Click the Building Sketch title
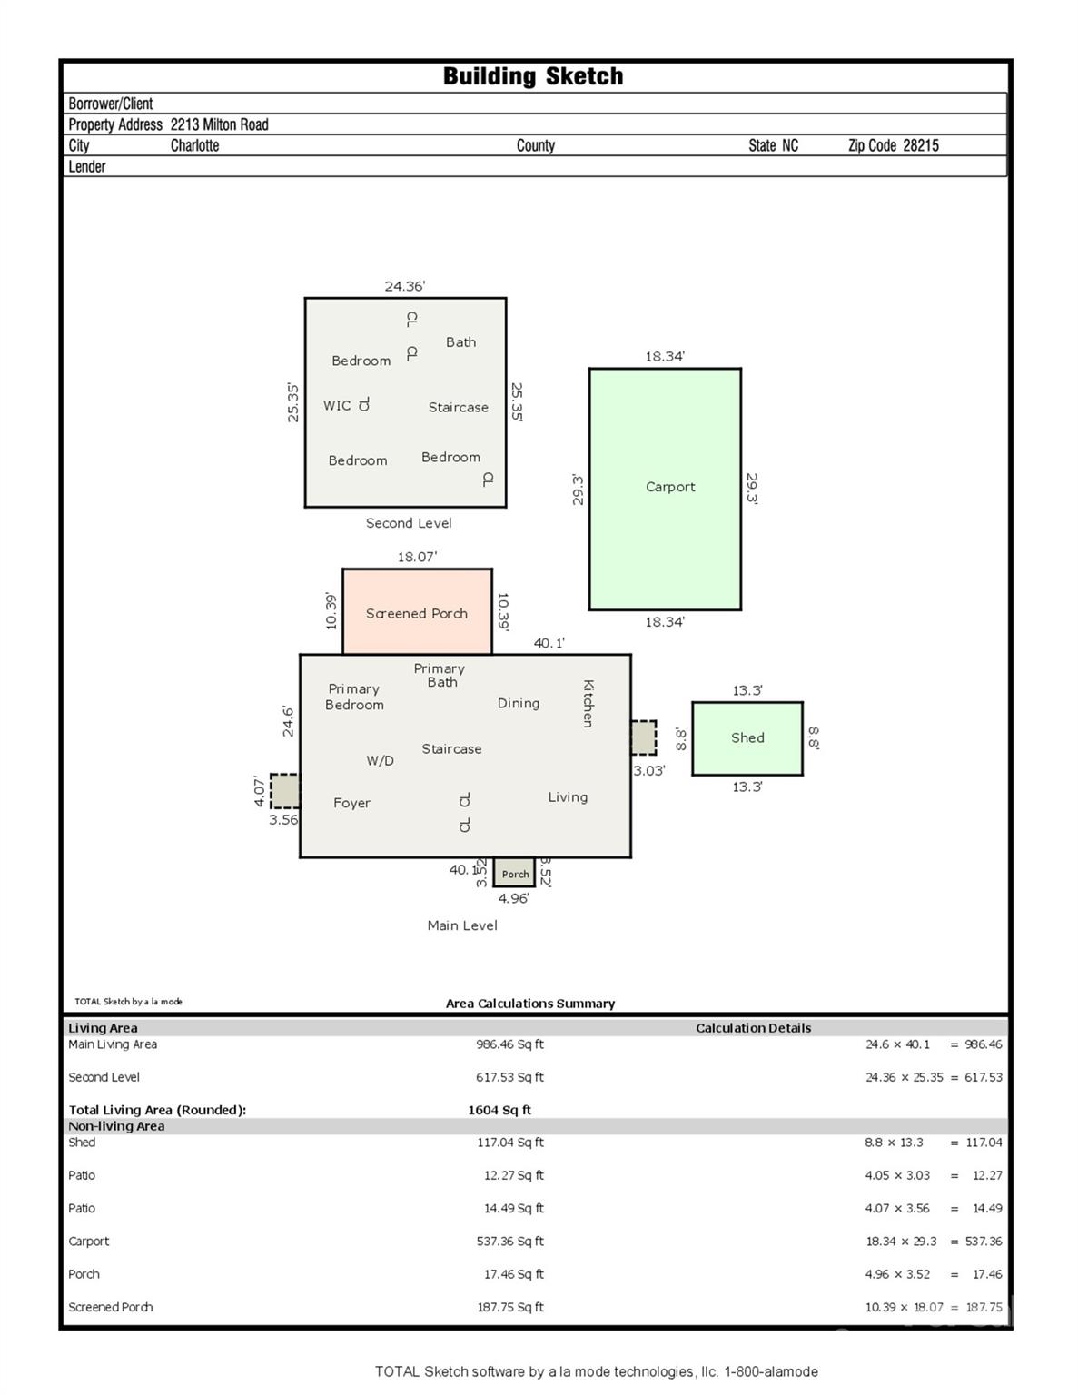(533, 76)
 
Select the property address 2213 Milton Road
(219, 124)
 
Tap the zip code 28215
(920, 145)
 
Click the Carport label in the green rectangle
(670, 487)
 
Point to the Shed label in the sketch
(747, 737)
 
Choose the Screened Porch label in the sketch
(417, 614)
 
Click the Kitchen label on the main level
(588, 703)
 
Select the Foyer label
(351, 803)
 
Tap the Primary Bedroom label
(354, 697)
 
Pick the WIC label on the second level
(337, 406)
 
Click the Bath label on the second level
(460, 342)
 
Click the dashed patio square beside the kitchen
(644, 737)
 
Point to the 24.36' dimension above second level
(404, 286)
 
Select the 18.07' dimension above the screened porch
(417, 557)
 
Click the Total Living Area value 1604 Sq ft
(499, 1110)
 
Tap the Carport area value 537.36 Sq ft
(509, 1241)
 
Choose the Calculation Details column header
(753, 1028)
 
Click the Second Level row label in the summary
(104, 1077)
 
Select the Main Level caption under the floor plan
(462, 925)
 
